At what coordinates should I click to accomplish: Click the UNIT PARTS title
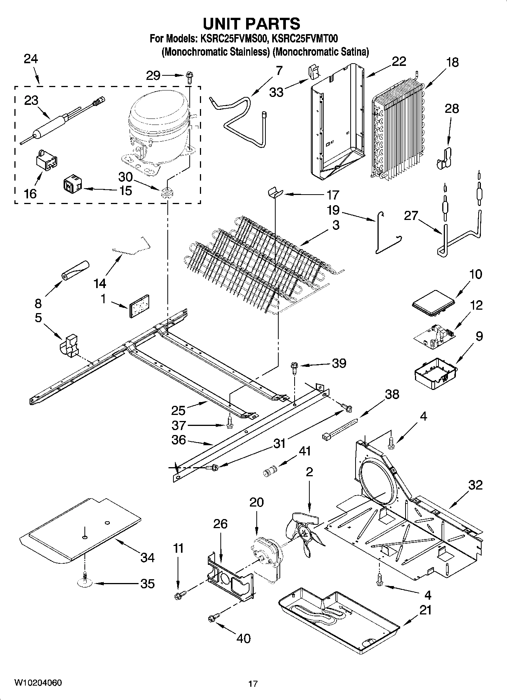click(251, 23)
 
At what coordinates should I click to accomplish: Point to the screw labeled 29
click(189, 78)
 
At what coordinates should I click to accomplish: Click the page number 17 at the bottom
click(253, 684)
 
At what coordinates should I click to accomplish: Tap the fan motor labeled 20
click(265, 553)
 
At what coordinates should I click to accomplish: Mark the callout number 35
click(147, 583)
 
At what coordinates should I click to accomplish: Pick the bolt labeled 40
click(211, 619)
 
